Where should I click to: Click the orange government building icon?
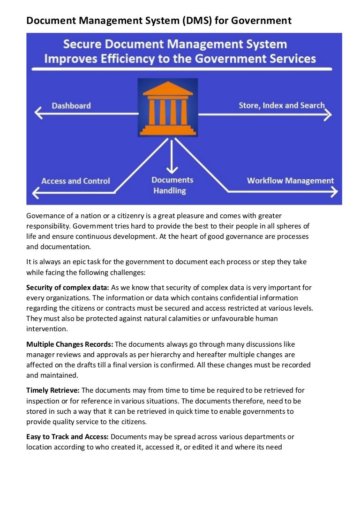[167, 107]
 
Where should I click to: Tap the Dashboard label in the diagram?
[71, 106]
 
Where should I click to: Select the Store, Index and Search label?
[281, 106]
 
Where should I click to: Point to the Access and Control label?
[75, 181]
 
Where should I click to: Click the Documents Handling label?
[172, 185]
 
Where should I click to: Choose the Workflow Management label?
[290, 181]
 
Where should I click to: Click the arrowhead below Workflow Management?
[333, 191]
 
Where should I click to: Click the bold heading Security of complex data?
[67, 288]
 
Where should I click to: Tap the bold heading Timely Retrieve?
[53, 390]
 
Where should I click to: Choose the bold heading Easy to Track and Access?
[67, 437]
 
